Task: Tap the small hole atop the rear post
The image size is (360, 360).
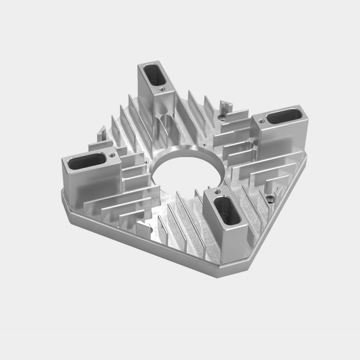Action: tap(162, 87)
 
